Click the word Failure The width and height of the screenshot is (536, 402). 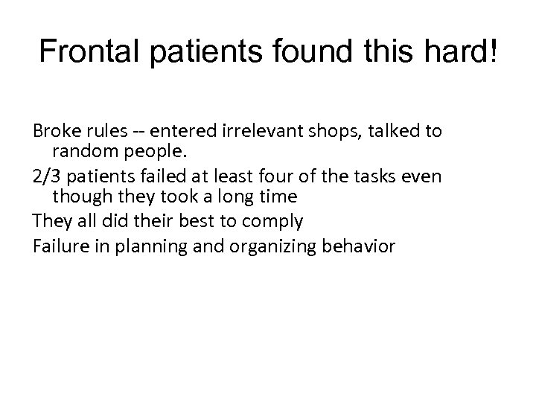[57, 244]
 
